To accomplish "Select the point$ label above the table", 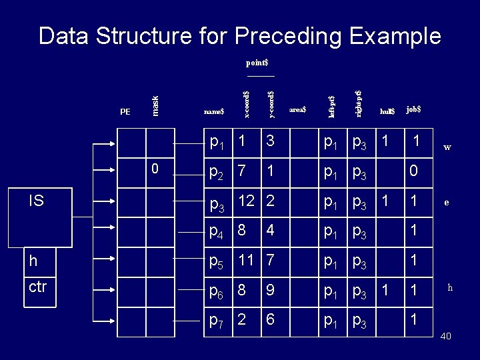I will coord(257,63).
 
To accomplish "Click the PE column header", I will coord(125,111).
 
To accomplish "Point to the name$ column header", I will coord(213,111).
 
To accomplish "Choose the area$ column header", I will coord(297,109).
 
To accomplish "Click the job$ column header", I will coord(413,109).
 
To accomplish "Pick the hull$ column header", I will coord(387,111).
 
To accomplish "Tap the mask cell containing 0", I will coord(155,169).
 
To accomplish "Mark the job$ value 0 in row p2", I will coord(414,171).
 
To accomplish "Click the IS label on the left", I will coord(36,199).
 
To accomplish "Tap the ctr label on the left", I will coord(38,287).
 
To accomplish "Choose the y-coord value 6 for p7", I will coord(269,319).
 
